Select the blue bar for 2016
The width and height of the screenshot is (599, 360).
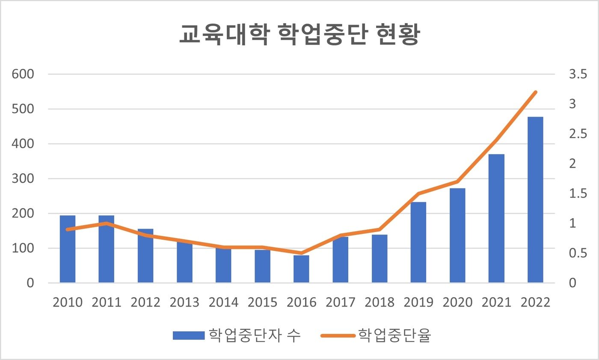coord(301,269)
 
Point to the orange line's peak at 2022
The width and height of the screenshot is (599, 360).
coord(535,92)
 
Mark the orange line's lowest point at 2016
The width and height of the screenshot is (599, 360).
coord(301,253)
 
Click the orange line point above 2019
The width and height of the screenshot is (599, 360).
coord(418,193)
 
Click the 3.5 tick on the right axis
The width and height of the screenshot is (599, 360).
coord(578,75)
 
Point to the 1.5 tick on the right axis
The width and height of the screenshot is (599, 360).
coord(578,194)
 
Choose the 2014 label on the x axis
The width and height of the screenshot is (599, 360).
coord(223,302)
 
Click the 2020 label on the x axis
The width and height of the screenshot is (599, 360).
coord(457,302)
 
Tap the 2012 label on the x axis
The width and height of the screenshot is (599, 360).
coord(145,302)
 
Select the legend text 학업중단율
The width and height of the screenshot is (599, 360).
coord(394,336)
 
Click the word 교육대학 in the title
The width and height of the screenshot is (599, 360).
coord(223,36)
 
